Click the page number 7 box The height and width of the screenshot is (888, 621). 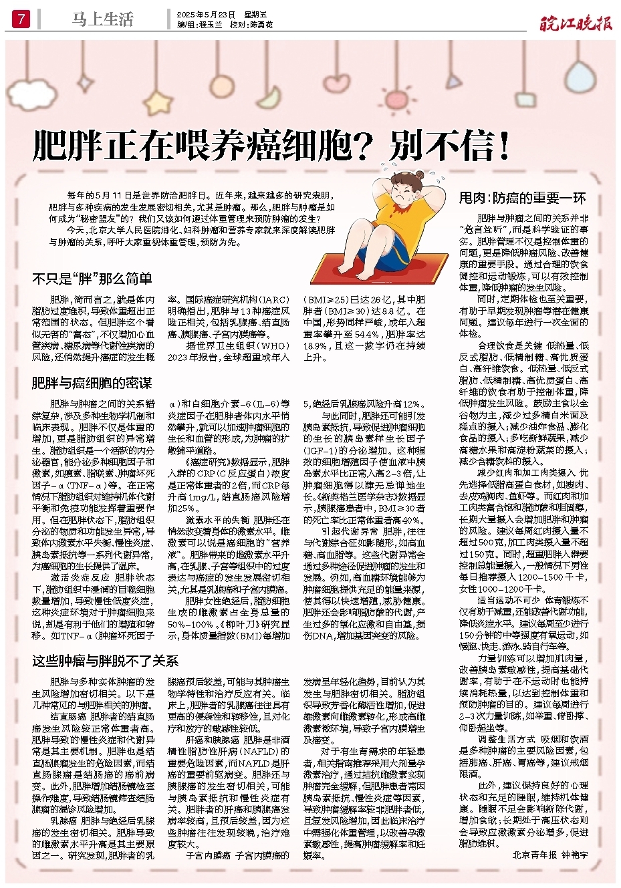pos(21,19)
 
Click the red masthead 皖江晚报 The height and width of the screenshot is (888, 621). pos(576,24)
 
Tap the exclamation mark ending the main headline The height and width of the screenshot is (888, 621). pos(503,145)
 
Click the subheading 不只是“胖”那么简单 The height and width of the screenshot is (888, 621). pos(92,279)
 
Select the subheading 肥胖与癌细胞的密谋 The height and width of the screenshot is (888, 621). pos(92,383)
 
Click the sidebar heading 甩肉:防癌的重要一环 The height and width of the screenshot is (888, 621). pos(522,198)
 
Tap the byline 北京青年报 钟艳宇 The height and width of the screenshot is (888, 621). pos(550,855)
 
